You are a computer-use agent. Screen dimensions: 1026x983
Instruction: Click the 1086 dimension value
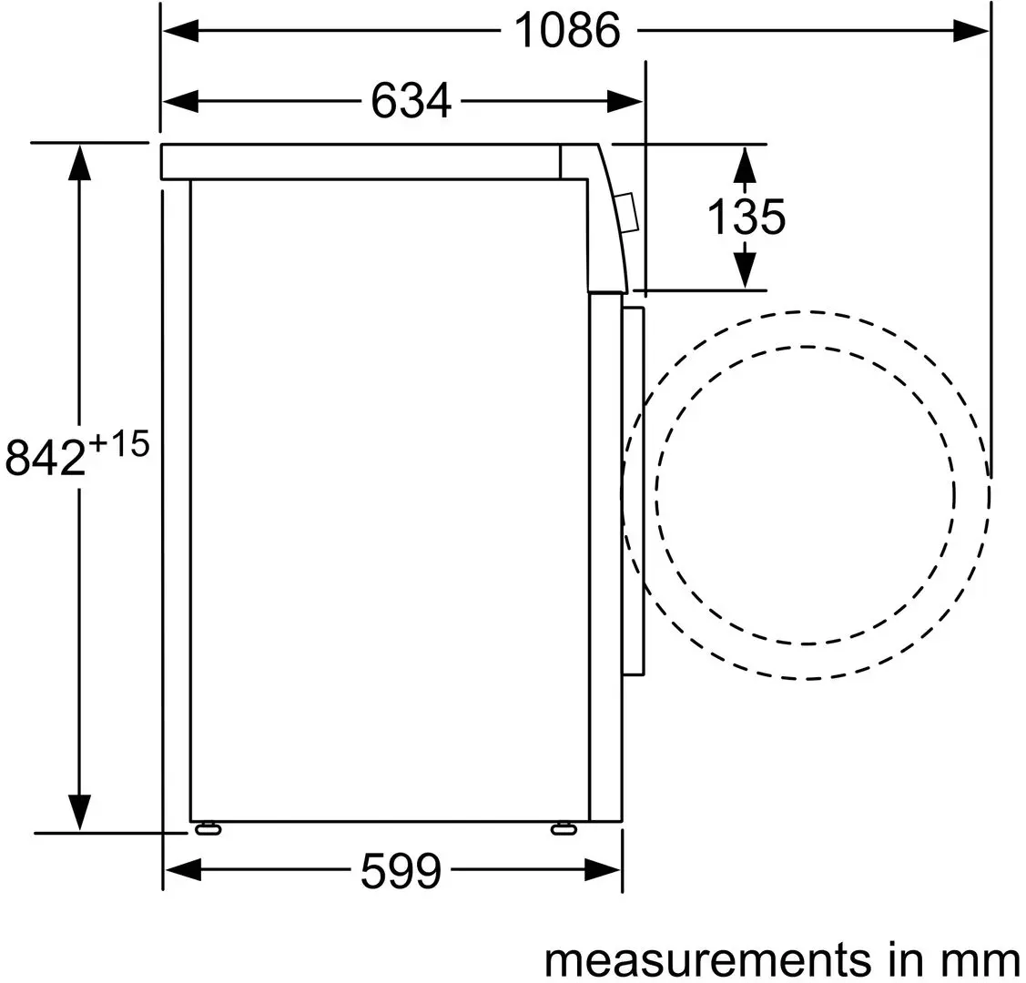coord(567,31)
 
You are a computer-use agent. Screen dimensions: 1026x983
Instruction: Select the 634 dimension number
coord(411,101)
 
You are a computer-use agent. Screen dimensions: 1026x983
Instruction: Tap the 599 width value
coord(401,870)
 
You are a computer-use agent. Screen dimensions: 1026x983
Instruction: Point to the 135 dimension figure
coord(747,218)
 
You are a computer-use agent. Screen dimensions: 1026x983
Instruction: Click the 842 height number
coord(46,458)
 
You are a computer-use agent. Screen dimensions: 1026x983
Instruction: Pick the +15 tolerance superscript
coord(119,445)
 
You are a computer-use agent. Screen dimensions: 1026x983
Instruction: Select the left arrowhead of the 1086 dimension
coord(181,31)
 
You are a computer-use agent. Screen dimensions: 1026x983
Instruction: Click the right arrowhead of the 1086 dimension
coord(971,31)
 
